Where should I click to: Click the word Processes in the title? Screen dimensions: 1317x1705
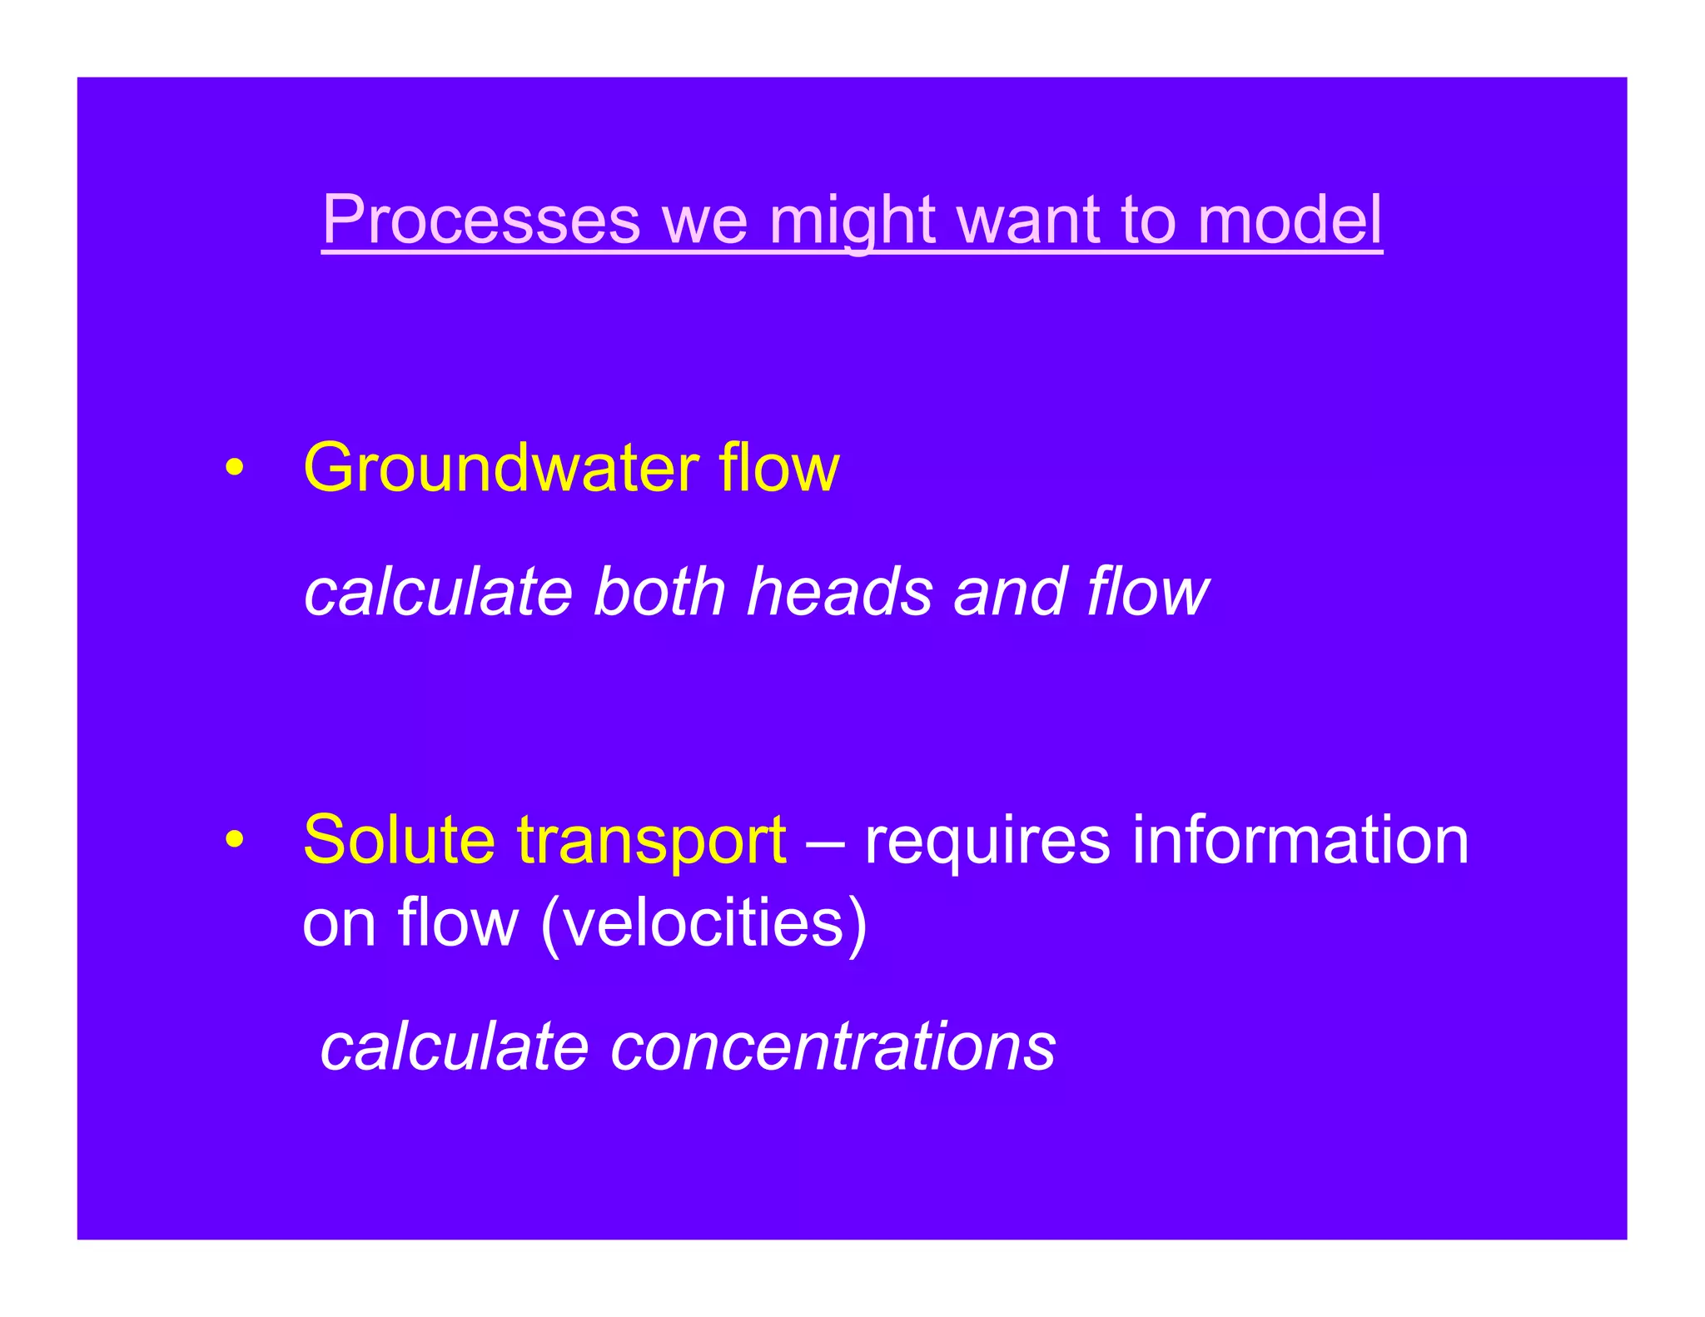point(481,220)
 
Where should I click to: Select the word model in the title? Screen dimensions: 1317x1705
point(1290,220)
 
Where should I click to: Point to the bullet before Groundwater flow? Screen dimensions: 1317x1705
point(236,468)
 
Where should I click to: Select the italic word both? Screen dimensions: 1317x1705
point(659,592)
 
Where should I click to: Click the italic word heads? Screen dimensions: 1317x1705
point(839,592)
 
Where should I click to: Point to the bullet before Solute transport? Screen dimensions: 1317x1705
point(236,839)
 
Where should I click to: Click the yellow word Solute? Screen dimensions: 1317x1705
point(399,839)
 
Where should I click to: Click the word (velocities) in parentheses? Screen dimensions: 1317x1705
point(703,923)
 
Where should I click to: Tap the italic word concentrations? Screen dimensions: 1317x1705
point(833,1046)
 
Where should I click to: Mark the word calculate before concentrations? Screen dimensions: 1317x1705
point(455,1046)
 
